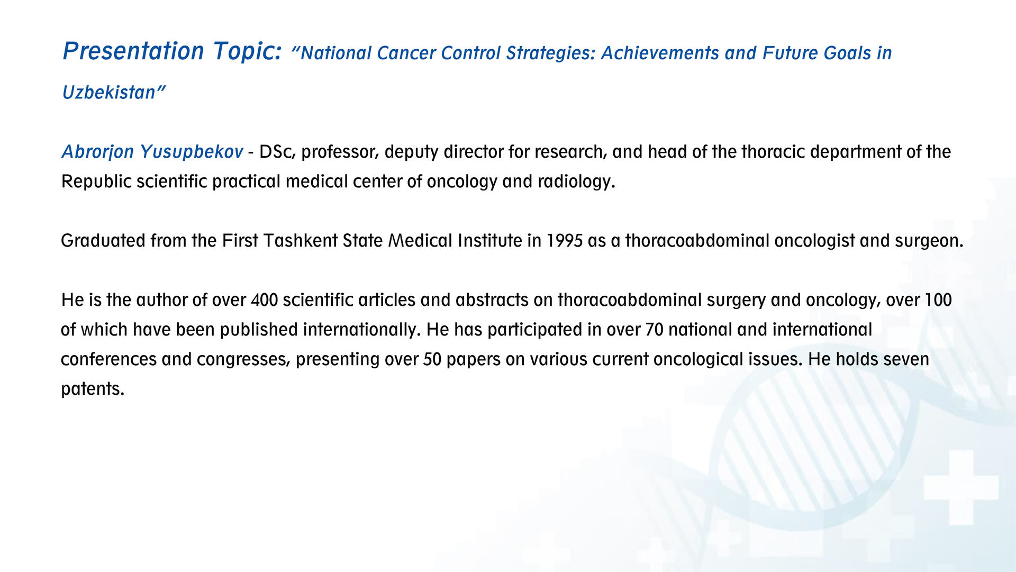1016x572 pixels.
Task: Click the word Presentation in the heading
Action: (133, 51)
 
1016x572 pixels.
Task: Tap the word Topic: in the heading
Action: (248, 51)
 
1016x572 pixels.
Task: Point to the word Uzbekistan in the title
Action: (109, 93)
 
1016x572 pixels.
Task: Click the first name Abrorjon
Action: (97, 152)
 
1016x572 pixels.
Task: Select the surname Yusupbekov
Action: (191, 152)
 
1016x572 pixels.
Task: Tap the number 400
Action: (264, 300)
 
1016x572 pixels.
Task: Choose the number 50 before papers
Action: (432, 359)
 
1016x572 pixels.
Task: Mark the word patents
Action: (93, 389)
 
